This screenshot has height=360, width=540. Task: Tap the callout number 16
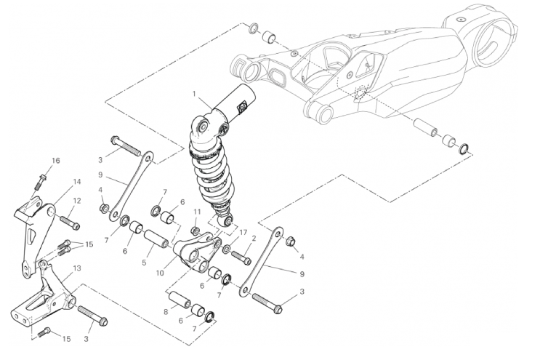pos(56,161)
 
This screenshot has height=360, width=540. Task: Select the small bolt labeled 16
pos(40,182)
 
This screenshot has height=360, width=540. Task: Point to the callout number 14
pos(77,182)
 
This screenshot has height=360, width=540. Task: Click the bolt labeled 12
pos(70,222)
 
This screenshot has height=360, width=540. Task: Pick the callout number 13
pos(77,268)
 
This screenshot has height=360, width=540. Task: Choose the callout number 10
pos(160,273)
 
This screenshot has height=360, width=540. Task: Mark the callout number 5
pos(144,263)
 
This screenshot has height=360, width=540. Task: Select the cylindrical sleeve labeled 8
pos(180,300)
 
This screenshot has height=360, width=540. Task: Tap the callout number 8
pos(166,312)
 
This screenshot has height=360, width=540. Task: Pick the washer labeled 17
pos(227,249)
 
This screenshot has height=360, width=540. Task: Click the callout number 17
pos(243,233)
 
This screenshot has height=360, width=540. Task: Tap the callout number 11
pos(197,211)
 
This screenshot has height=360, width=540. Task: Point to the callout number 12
pos(77,201)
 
